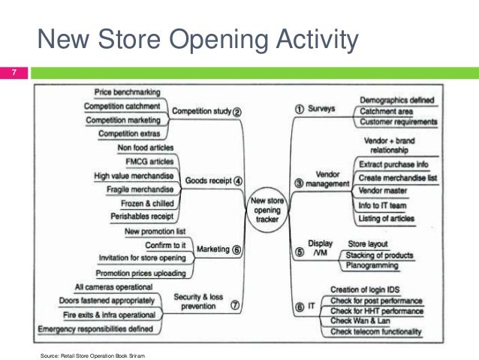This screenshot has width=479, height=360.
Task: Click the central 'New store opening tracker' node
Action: [x=267, y=203]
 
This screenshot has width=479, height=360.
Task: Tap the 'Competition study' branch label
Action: [x=202, y=111]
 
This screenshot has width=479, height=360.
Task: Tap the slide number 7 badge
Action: [x=13, y=73]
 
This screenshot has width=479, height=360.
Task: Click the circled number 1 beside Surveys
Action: [x=298, y=109]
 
